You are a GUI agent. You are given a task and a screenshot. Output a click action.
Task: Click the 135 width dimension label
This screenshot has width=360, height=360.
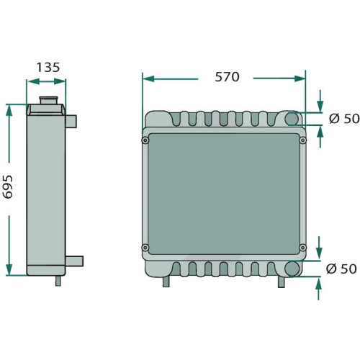48,68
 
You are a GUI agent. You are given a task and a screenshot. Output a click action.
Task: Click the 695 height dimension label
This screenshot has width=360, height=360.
8,187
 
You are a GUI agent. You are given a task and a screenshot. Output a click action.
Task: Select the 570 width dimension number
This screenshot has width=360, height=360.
227,77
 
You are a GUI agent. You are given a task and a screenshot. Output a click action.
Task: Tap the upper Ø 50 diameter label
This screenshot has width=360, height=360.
344,119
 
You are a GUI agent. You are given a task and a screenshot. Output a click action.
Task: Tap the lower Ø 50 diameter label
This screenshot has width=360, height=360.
341,269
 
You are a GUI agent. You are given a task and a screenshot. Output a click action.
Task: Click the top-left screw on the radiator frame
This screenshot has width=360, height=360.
145,140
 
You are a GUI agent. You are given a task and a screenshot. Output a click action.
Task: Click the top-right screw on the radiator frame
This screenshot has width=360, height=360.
303,140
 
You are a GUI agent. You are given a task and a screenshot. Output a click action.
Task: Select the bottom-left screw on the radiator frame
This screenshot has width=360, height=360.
145,247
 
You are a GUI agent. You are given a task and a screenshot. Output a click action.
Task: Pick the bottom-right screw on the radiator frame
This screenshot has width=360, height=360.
303,247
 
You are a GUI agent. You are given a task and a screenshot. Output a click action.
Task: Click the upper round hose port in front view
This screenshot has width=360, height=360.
292,119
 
